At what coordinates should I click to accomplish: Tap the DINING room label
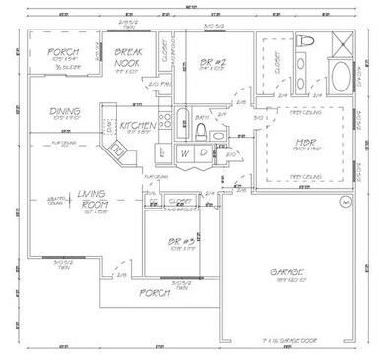coord(65,112)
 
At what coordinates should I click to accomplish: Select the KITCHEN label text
coord(135,126)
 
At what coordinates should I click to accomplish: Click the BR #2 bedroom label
coord(208,62)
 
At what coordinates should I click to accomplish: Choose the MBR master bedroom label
coord(304,143)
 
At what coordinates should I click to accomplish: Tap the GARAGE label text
coord(288,271)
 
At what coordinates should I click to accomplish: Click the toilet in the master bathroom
coord(304,43)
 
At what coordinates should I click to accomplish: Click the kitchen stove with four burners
coord(166,123)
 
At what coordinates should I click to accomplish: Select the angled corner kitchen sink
coord(119,150)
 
